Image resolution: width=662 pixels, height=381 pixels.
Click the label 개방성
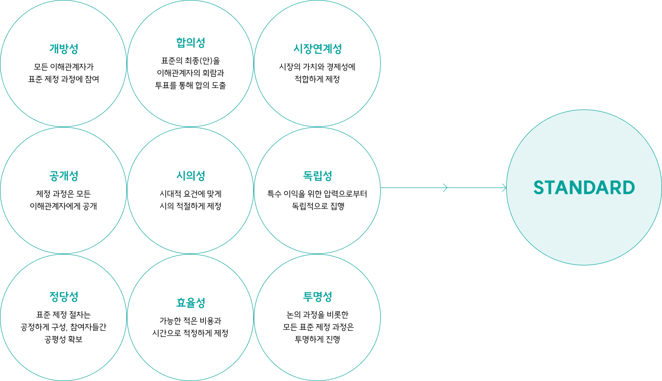point(63,48)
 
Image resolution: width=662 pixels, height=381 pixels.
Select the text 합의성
point(190,43)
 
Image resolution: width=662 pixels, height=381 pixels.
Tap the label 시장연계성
point(317,48)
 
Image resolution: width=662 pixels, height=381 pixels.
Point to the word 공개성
point(63,176)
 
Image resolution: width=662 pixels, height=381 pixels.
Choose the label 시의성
point(190,176)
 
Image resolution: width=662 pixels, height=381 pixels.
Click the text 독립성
point(317,176)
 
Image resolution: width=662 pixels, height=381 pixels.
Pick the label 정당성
point(63,297)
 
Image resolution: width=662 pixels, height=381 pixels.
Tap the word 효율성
point(190,303)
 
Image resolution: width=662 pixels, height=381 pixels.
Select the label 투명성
point(317,297)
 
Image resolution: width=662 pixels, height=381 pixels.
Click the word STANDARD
point(584,188)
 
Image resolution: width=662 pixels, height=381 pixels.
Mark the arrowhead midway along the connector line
point(445,188)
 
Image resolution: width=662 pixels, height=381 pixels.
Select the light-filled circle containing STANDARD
point(584,227)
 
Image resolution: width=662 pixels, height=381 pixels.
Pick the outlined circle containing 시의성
point(190,213)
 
